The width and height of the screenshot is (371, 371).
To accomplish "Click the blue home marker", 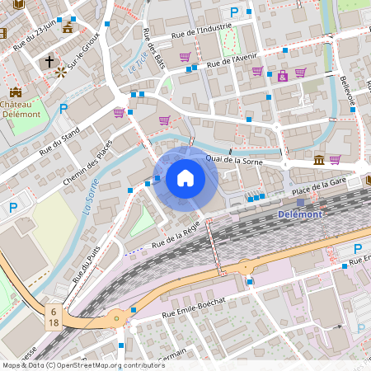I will [x=185, y=178].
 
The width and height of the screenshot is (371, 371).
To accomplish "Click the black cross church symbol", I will [x=49, y=62].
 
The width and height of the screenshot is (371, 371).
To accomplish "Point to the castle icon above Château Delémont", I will [x=16, y=92].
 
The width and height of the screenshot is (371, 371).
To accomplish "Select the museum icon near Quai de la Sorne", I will [x=319, y=159].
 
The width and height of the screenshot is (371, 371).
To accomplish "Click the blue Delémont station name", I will [x=301, y=214].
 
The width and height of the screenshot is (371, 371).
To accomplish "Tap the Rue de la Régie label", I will [x=174, y=237].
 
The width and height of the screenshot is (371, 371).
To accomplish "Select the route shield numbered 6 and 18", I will [x=54, y=318].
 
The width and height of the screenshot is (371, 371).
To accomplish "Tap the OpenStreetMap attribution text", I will [x=83, y=365].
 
